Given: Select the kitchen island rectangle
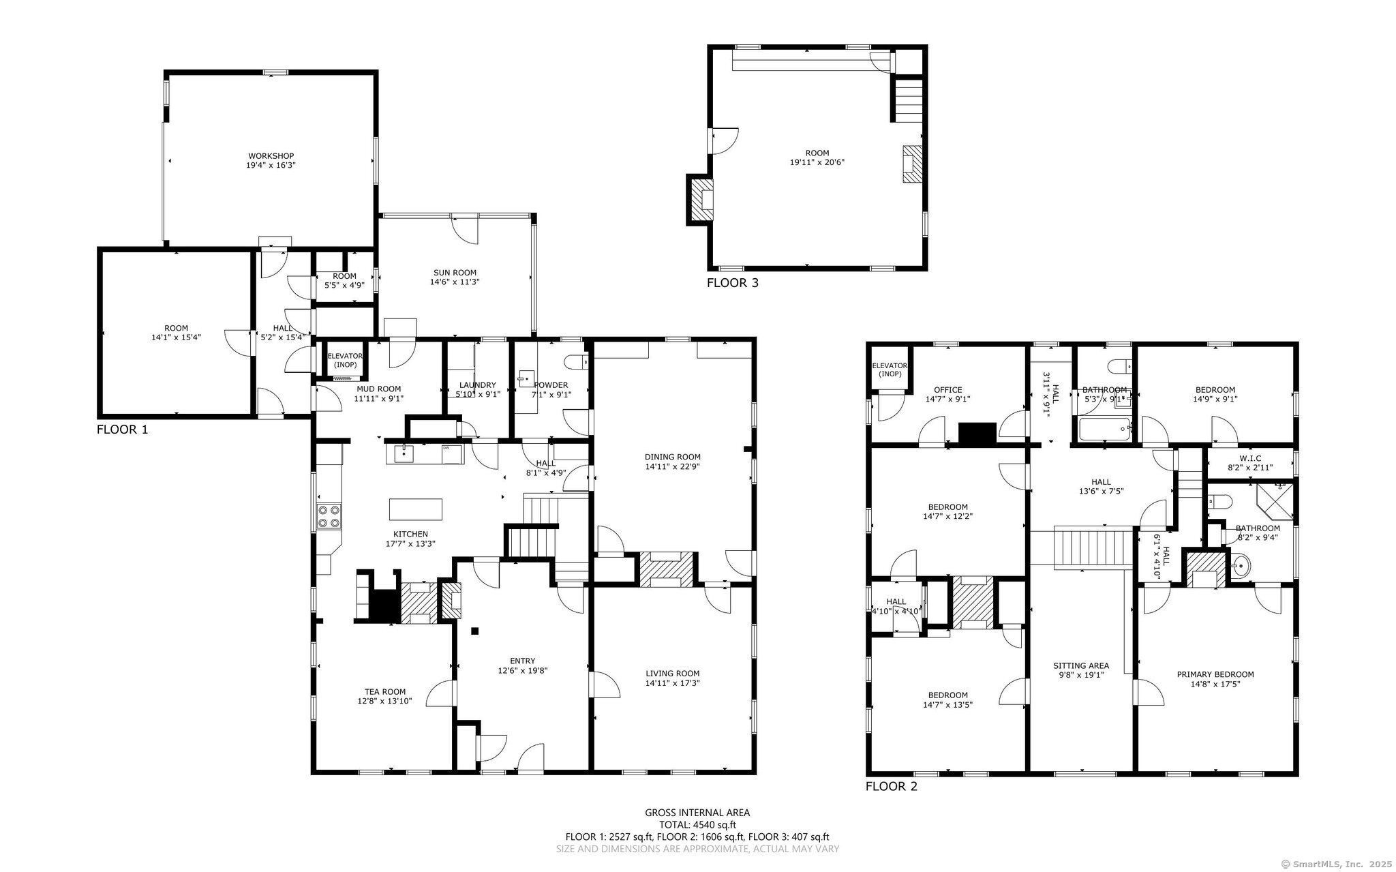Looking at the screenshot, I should [x=415, y=509].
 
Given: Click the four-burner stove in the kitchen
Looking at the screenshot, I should [x=329, y=515].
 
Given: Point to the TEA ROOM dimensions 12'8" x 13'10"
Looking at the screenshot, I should [x=384, y=701].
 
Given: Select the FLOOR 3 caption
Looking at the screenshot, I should [x=732, y=283].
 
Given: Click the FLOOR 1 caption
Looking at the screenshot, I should [x=122, y=430].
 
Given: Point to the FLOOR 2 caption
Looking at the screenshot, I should [x=891, y=786].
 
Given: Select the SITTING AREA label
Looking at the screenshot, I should [x=1080, y=665].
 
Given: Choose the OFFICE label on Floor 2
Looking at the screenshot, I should [x=947, y=390].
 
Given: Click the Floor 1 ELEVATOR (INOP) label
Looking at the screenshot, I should [x=345, y=360].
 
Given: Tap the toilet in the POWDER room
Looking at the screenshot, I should [x=577, y=361].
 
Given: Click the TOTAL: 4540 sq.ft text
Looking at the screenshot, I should [x=697, y=824].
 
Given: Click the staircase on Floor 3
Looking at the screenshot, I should [x=907, y=100].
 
